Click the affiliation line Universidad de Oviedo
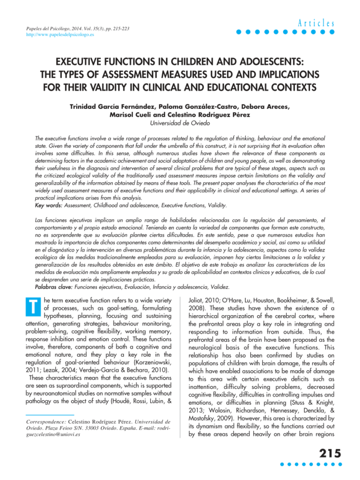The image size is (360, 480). [180, 122]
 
